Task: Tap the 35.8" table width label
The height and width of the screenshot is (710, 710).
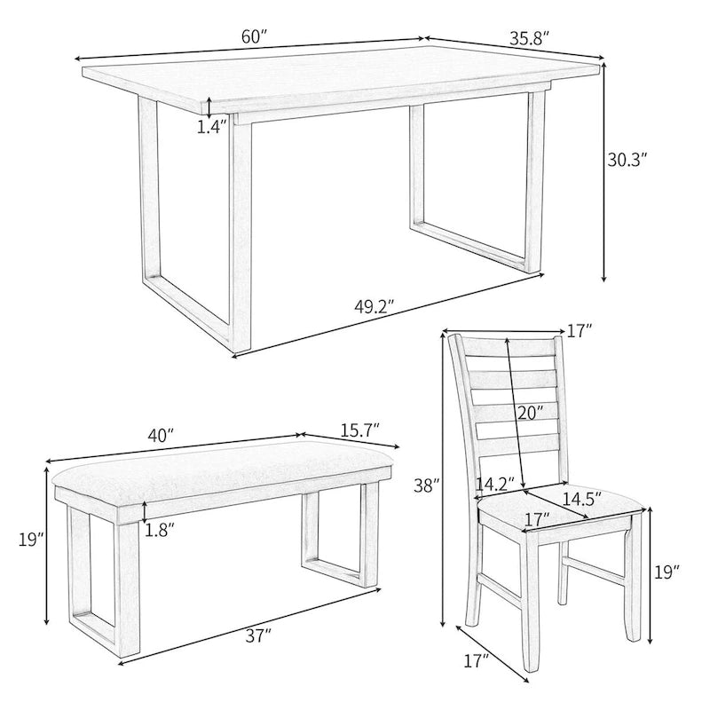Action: [530, 38]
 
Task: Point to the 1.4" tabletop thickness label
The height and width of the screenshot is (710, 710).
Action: [211, 126]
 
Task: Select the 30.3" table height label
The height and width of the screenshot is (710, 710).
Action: [627, 160]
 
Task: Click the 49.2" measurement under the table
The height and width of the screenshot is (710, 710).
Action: [374, 307]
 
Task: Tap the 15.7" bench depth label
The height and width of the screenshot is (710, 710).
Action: [359, 429]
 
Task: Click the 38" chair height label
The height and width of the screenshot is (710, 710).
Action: [427, 485]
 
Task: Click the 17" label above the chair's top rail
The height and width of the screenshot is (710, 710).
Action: [579, 331]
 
